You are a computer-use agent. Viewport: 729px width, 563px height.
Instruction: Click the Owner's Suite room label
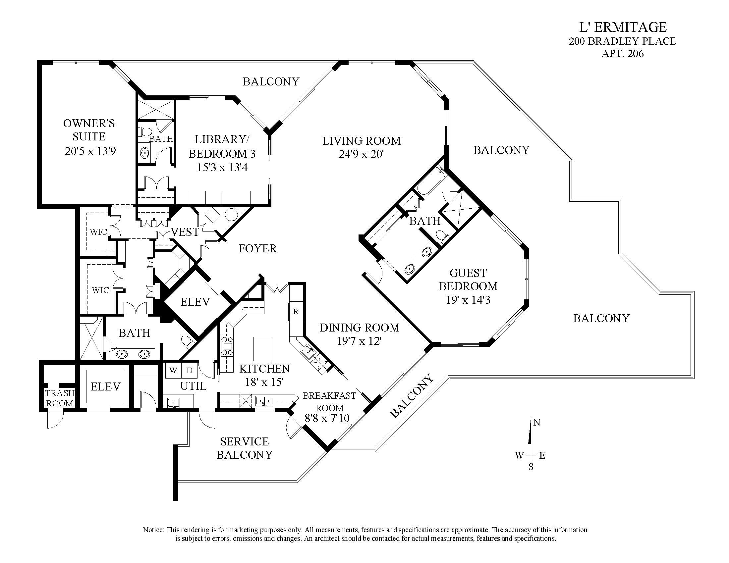pyautogui.click(x=89, y=130)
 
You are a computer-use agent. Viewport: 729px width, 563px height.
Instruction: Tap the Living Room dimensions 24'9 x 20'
pyautogui.click(x=362, y=154)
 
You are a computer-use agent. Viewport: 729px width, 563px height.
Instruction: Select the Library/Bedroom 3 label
pyautogui.click(x=222, y=146)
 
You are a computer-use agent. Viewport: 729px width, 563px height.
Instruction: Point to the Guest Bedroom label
pyautogui.click(x=468, y=280)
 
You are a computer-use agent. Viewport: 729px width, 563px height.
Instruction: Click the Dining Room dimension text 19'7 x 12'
pyautogui.click(x=359, y=341)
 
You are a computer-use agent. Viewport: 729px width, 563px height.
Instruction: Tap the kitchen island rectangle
pyautogui.click(x=262, y=347)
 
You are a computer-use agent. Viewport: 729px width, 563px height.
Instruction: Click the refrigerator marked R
pyautogui.click(x=296, y=312)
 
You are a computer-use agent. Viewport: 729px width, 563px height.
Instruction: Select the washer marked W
pyautogui.click(x=173, y=370)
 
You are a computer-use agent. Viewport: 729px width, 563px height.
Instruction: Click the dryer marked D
pyautogui.click(x=189, y=370)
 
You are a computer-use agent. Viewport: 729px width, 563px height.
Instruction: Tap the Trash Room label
pyautogui.click(x=60, y=398)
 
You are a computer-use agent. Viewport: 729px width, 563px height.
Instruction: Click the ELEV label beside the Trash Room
pyautogui.click(x=105, y=386)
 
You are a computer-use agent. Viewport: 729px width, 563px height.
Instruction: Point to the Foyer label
pyautogui.click(x=258, y=248)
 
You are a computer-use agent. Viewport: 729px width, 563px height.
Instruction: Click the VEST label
pyautogui.click(x=185, y=232)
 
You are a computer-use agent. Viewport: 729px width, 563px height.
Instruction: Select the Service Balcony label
pyautogui.click(x=244, y=448)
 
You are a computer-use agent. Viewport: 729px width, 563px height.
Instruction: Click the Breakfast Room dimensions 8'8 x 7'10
pyautogui.click(x=327, y=418)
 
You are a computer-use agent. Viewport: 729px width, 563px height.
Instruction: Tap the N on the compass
pyautogui.click(x=537, y=423)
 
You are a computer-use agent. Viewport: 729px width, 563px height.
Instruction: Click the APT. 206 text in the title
pyautogui.click(x=623, y=53)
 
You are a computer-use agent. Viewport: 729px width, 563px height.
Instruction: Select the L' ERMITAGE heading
pyautogui.click(x=623, y=27)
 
